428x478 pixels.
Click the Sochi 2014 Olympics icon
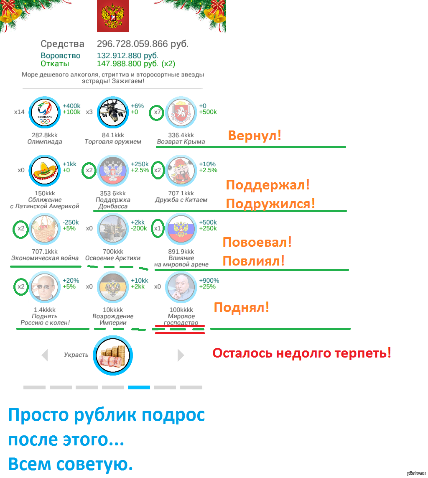pos(44,112)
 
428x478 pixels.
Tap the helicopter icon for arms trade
pos(113,112)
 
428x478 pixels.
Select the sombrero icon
pos(44,170)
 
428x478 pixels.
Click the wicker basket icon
pos(44,229)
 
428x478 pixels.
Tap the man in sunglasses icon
pos(44,287)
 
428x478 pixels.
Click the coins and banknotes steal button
pos(113,355)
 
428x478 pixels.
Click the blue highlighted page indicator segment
pos(139,388)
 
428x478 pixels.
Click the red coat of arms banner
pos(113,16)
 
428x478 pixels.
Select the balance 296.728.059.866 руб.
pos(143,44)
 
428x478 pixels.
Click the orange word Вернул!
pos(255,135)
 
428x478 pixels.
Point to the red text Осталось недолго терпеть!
pos(302,353)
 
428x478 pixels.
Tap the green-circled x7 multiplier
pos(157,112)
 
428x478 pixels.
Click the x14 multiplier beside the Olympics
pos(19,112)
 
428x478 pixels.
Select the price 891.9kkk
pos(181,251)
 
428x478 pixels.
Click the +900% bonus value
pos(209,281)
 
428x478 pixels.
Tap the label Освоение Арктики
pos(113,258)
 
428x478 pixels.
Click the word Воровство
pos(60,56)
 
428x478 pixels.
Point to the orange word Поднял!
pos(242,307)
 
